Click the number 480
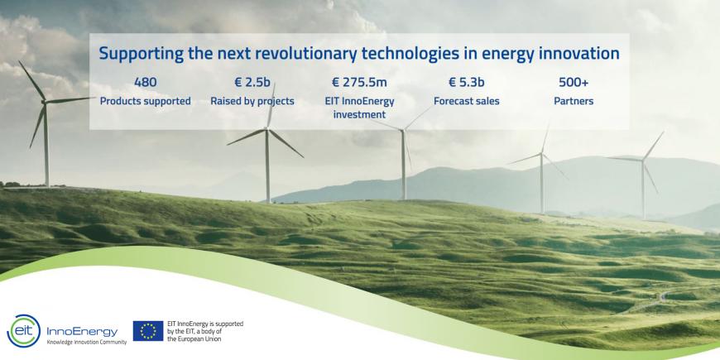pyautogui.click(x=145, y=83)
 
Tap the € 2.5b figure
pyautogui.click(x=252, y=83)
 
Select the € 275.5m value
pyautogui.click(x=359, y=83)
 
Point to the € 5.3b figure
pyautogui.click(x=467, y=83)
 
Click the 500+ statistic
pyautogui.click(x=574, y=83)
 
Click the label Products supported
pyautogui.click(x=145, y=102)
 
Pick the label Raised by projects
pyautogui.click(x=252, y=102)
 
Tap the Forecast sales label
pyautogui.click(x=467, y=101)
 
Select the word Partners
pyautogui.click(x=574, y=101)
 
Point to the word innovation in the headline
pyautogui.click(x=579, y=53)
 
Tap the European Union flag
pyautogui.click(x=148, y=331)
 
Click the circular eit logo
pyautogui.click(x=23, y=331)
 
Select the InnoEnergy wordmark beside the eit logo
pyautogui.click(x=82, y=332)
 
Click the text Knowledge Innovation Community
pyautogui.click(x=87, y=342)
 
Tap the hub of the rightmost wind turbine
pyautogui.click(x=642, y=160)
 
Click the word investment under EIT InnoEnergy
pyautogui.click(x=359, y=114)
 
